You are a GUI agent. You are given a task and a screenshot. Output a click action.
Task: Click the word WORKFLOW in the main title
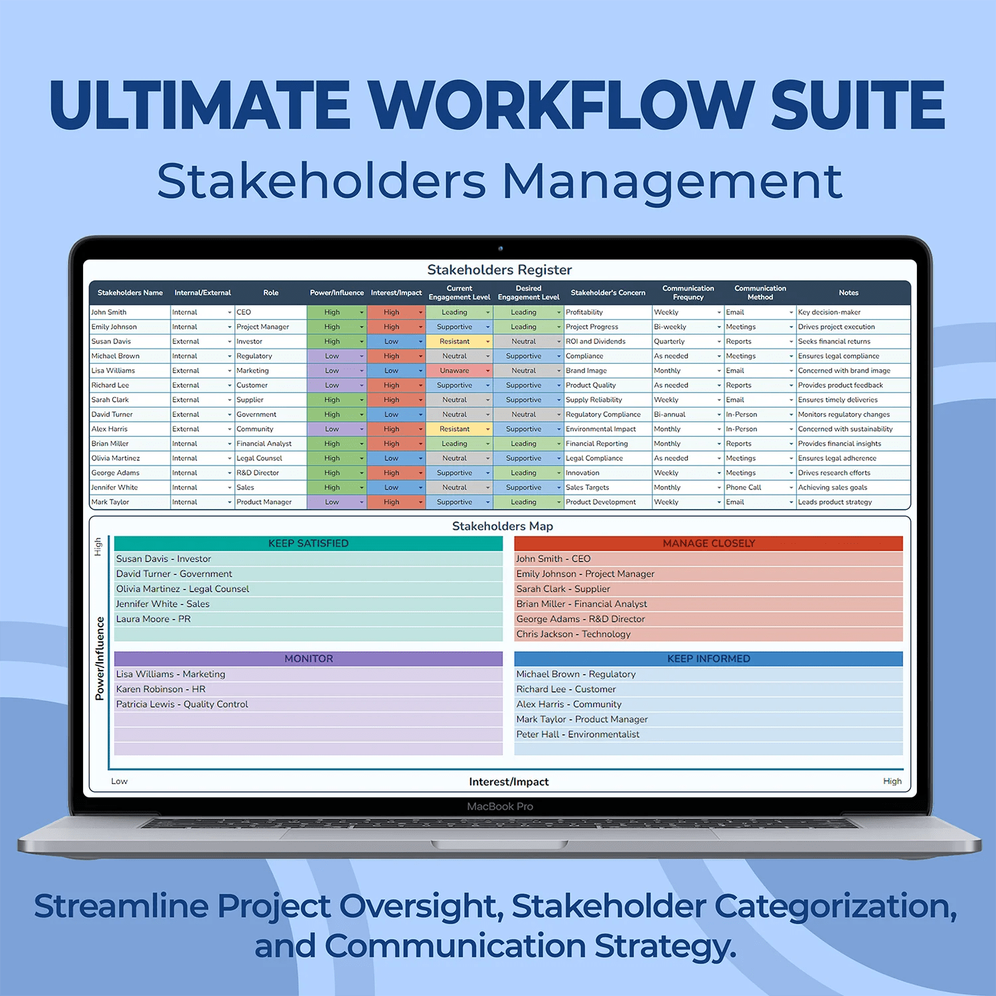click(x=561, y=105)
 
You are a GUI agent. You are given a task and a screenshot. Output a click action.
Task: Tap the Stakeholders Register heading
click(x=499, y=270)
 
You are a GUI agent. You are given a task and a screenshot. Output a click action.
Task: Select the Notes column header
click(x=849, y=293)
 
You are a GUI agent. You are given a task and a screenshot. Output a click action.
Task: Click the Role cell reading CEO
click(x=244, y=312)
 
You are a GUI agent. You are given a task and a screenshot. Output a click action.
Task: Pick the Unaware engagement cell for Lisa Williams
click(x=454, y=371)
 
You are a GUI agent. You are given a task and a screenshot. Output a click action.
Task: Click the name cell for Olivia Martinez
click(x=116, y=458)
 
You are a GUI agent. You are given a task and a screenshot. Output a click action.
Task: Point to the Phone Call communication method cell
click(x=744, y=487)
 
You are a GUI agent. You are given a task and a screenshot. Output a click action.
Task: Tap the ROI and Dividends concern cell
click(x=596, y=341)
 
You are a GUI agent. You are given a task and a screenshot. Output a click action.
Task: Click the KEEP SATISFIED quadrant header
click(x=308, y=543)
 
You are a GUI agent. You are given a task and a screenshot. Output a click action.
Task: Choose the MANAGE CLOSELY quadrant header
click(x=708, y=543)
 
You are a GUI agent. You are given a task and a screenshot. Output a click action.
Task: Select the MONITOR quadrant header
click(x=308, y=659)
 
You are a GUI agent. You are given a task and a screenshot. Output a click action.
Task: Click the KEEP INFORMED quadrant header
click(x=708, y=659)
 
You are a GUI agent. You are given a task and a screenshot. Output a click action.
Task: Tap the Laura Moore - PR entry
click(x=153, y=619)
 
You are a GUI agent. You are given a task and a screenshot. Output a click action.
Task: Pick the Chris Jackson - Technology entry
click(x=574, y=634)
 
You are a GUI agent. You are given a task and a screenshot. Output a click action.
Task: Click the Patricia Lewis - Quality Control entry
click(x=182, y=705)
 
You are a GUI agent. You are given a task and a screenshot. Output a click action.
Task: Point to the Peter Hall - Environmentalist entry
click(x=578, y=734)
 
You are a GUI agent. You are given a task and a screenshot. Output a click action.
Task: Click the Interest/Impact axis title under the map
click(x=509, y=782)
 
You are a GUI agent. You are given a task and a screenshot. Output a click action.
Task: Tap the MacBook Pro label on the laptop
click(x=500, y=807)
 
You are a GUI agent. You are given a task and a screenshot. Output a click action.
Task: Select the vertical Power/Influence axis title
click(x=100, y=659)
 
